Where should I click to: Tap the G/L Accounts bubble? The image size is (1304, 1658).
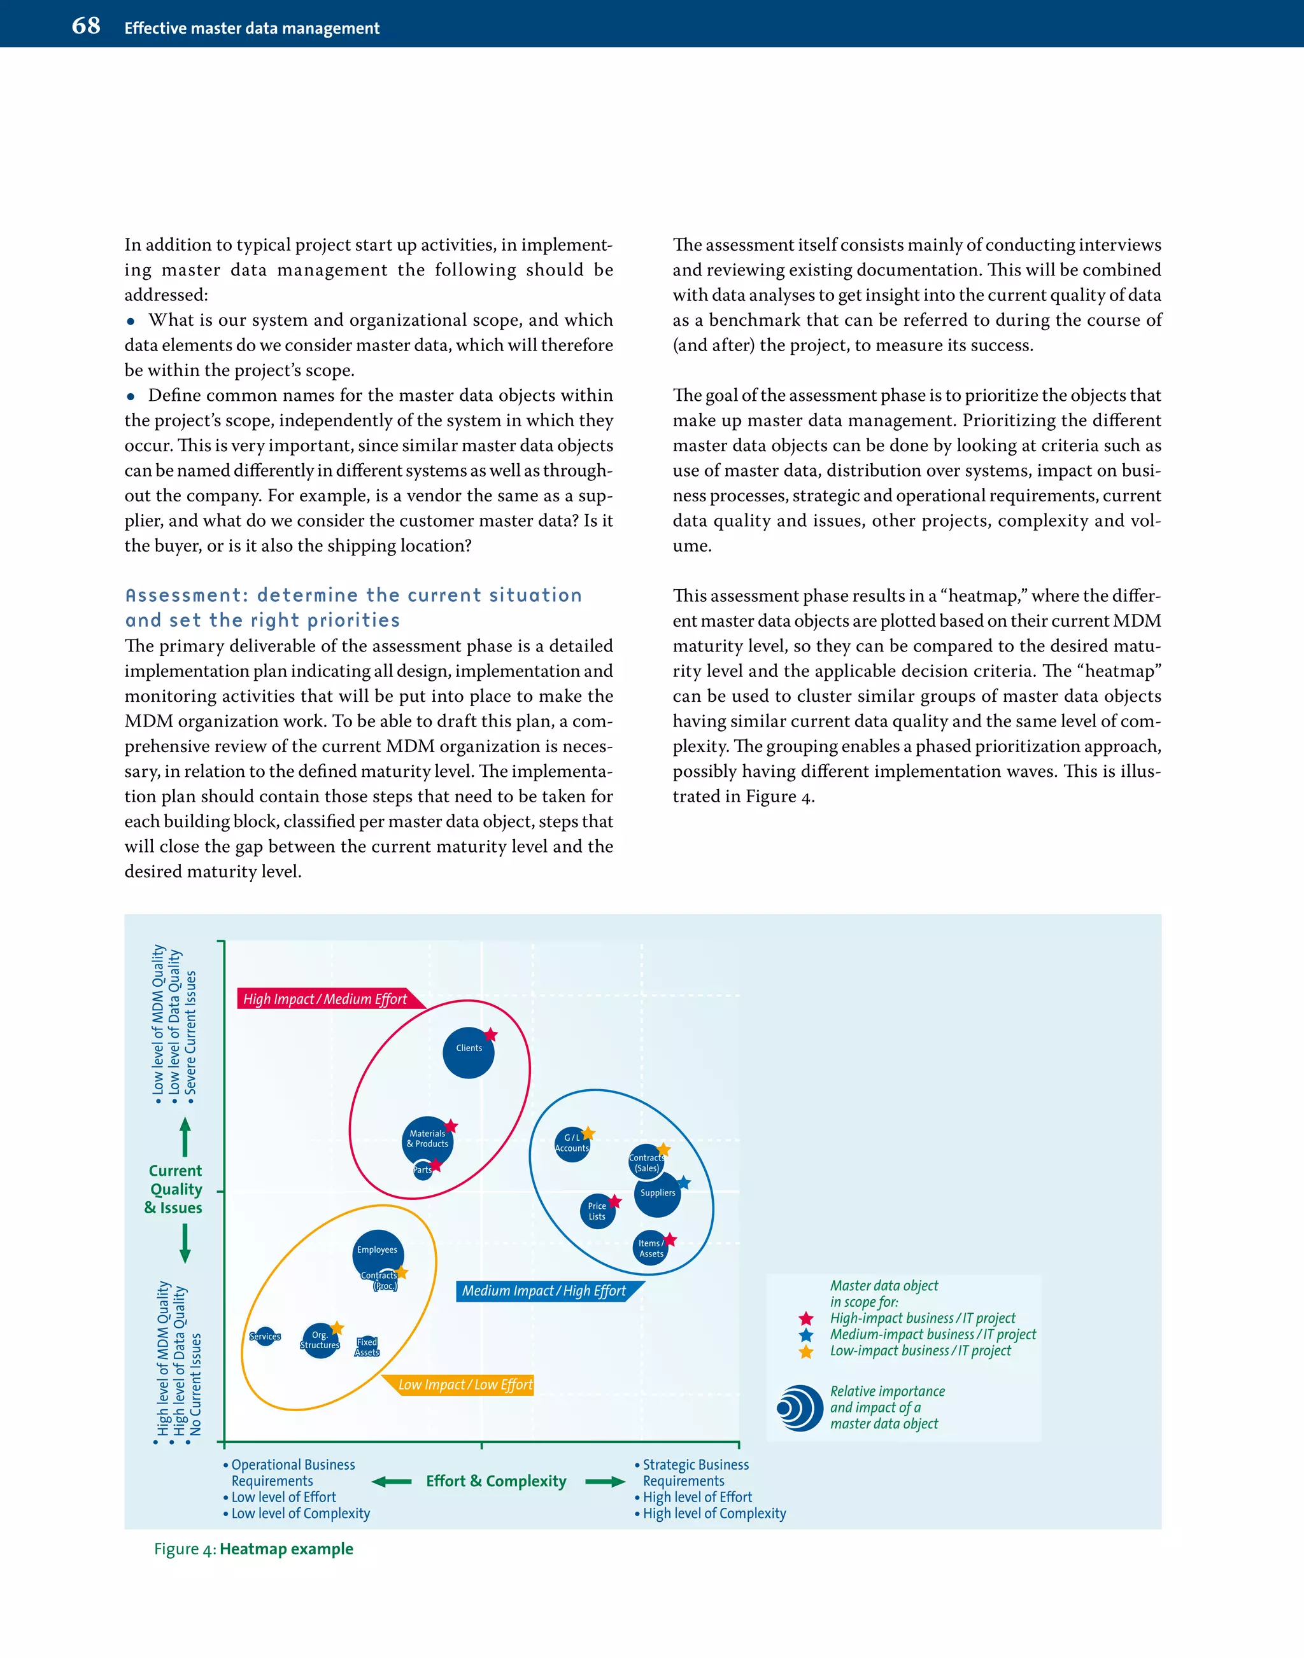point(572,1145)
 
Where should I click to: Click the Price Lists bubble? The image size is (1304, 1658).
point(597,1211)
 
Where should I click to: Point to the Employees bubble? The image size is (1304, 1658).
point(377,1252)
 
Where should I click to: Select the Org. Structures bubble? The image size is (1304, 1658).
point(320,1341)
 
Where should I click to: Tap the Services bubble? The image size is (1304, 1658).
point(265,1336)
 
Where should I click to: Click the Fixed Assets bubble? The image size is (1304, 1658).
point(367,1347)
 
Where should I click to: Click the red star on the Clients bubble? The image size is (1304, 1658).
point(491,1035)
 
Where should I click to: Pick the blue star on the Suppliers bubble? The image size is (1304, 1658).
point(684,1183)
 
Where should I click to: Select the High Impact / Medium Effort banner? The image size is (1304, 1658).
point(326,999)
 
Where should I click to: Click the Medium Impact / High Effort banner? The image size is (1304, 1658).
point(544,1291)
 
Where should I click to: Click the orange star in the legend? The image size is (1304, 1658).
point(806,1352)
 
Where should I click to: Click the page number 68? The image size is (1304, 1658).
point(85,26)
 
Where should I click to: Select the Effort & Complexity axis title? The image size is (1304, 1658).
point(496,1481)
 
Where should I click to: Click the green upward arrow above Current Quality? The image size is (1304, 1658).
point(185,1137)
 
